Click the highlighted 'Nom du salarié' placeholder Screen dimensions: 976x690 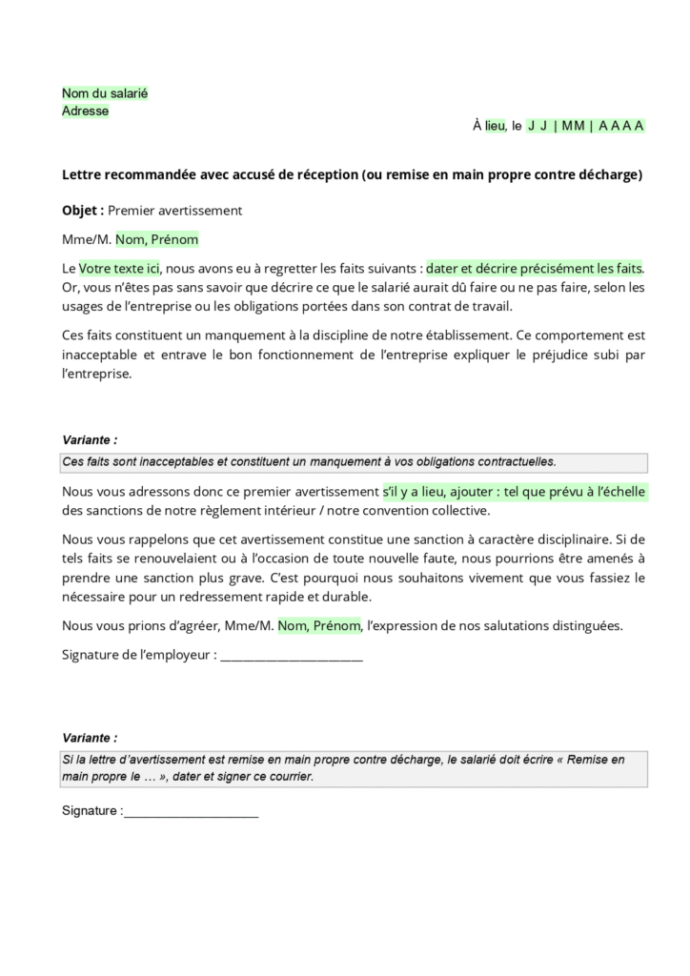(x=105, y=93)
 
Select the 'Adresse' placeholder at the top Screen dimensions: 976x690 (x=85, y=111)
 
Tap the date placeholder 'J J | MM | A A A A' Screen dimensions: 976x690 (x=585, y=126)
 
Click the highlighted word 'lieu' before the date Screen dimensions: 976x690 (x=495, y=126)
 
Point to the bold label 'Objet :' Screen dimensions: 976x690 (x=83, y=210)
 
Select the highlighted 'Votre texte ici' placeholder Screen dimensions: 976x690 (x=118, y=269)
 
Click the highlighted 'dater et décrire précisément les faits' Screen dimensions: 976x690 (x=535, y=269)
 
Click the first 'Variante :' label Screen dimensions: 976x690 (x=90, y=440)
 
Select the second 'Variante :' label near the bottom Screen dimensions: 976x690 (x=90, y=738)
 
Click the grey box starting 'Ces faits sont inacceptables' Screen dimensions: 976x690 (x=354, y=462)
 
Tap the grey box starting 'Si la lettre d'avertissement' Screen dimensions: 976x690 (x=354, y=768)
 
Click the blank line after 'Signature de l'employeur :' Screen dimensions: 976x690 (x=291, y=656)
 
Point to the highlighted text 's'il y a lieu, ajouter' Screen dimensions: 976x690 (x=444, y=492)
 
